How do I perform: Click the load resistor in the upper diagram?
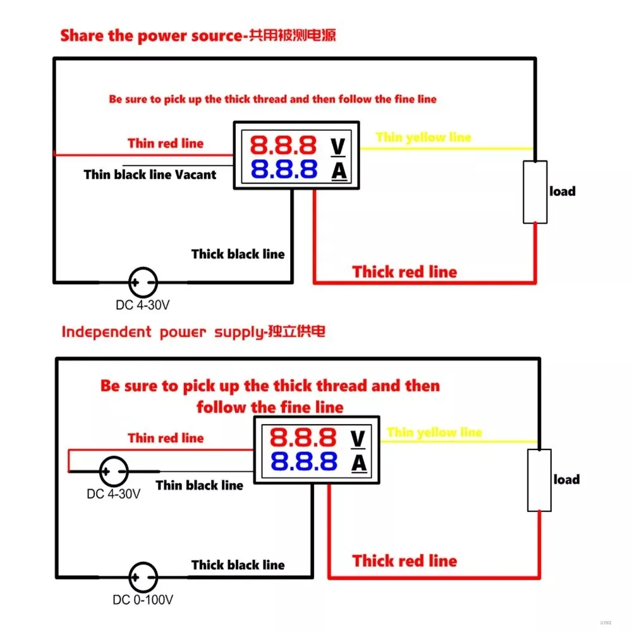point(535,192)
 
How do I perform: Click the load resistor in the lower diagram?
point(539,480)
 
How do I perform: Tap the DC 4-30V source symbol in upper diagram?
point(143,282)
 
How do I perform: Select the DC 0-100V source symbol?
point(143,577)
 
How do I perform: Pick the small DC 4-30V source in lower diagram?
point(114,471)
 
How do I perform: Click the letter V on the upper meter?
point(337,147)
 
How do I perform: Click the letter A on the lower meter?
point(359,463)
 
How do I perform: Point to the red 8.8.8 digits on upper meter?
point(283,145)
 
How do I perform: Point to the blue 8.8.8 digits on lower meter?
point(303,461)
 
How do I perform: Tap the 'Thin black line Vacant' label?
point(150,174)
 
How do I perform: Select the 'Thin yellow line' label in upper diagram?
point(423,137)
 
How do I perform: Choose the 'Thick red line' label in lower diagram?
point(404,561)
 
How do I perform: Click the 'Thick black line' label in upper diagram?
point(238,254)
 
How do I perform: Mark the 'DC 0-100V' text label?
point(143,600)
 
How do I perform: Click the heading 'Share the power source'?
point(151,35)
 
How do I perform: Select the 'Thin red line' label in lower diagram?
point(166,438)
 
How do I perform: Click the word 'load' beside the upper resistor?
point(562,191)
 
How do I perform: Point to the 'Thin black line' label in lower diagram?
point(200,485)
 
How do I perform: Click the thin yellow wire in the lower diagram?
point(459,441)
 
